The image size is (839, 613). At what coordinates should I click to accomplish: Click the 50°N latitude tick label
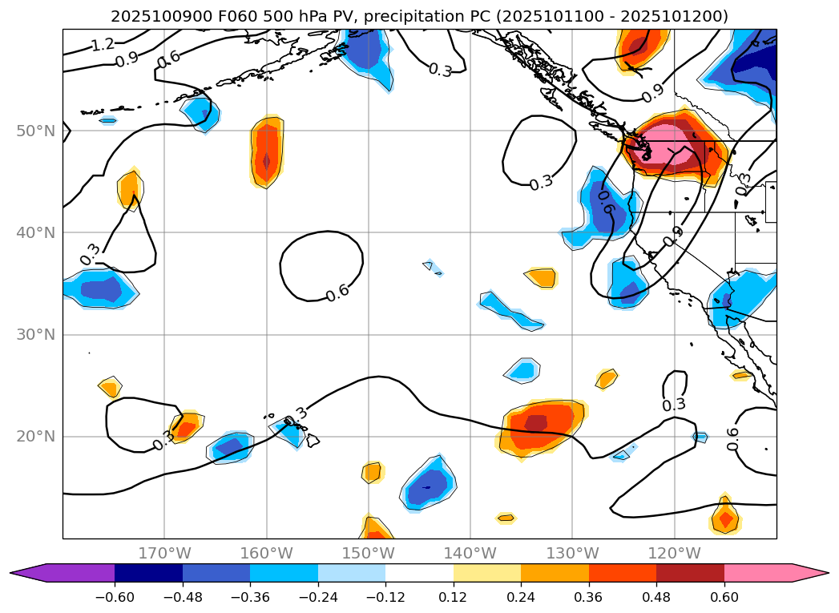pos(34,131)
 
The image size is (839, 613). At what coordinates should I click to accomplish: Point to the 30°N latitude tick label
pos(34,335)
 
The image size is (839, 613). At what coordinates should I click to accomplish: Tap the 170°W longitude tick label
pos(164,554)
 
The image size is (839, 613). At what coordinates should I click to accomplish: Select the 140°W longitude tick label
pos(470,554)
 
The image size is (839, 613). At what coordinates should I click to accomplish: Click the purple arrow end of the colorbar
pos(24,572)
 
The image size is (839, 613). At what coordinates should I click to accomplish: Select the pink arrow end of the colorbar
pos(814,572)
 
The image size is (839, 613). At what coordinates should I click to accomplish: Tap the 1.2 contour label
pos(102,45)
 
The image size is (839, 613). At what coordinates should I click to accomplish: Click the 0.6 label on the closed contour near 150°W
pos(337,292)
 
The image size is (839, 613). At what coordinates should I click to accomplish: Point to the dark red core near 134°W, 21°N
pos(535,422)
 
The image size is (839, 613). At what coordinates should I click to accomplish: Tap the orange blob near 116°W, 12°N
pos(725,518)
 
